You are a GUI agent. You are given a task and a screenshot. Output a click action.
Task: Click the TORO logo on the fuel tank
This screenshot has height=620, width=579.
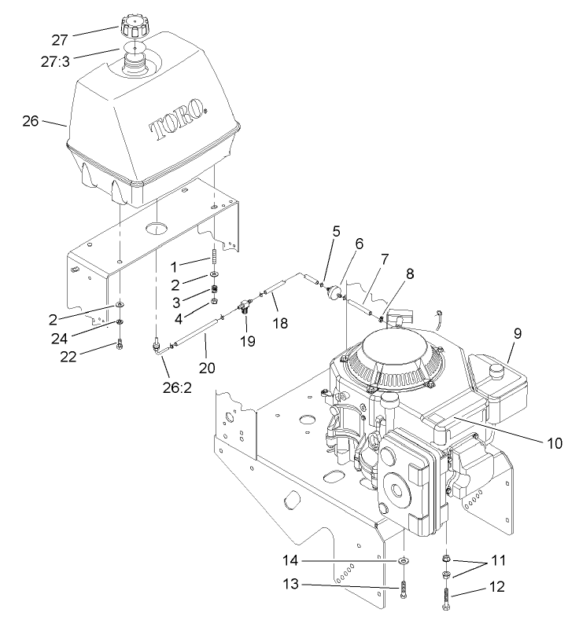click(x=177, y=118)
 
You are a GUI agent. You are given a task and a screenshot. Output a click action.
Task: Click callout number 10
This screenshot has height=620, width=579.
click(x=555, y=442)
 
